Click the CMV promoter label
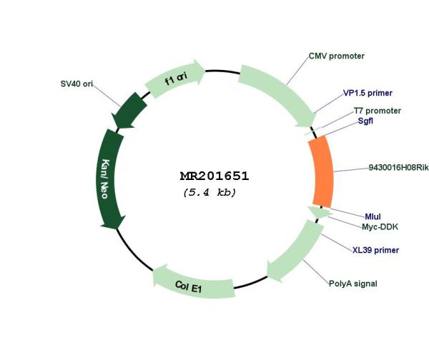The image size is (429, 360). (x=337, y=56)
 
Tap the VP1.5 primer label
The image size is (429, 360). (x=368, y=93)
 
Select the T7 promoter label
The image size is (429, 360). (x=378, y=111)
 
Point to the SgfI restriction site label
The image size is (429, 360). (x=365, y=121)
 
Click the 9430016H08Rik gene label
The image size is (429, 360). (x=399, y=167)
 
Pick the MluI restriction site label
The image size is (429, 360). (x=373, y=216)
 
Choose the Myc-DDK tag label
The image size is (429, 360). (x=380, y=226)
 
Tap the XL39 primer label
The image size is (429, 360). (x=375, y=250)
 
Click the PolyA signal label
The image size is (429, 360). (x=352, y=284)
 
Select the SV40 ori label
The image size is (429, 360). (x=77, y=84)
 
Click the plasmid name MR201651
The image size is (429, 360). (x=214, y=176)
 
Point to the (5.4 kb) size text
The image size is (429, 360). (x=209, y=192)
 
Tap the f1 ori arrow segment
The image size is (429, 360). (x=175, y=79)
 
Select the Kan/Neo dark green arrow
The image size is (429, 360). (x=109, y=179)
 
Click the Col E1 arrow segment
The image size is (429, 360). (x=193, y=284)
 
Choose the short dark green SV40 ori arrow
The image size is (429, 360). (x=129, y=111)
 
